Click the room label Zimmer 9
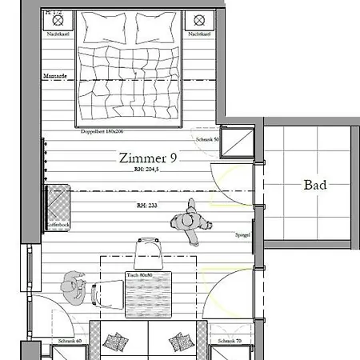tap(148, 158)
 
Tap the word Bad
tap(315, 185)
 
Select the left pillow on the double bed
tap(104, 29)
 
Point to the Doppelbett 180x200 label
tap(100, 130)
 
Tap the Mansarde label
tap(54, 76)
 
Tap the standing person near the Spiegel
tap(193, 223)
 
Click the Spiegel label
tap(243, 236)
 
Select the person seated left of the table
tap(74, 286)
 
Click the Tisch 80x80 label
tap(139, 275)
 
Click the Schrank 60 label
tap(70, 342)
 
